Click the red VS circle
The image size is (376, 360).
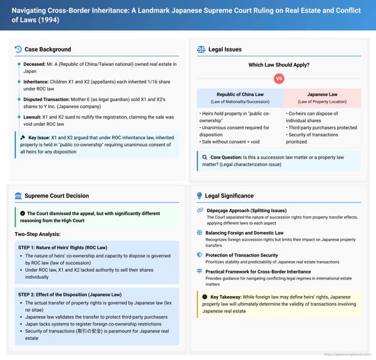(279, 79)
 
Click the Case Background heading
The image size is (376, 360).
(47, 49)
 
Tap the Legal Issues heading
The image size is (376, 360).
(225, 49)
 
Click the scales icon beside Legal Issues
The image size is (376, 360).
(201, 49)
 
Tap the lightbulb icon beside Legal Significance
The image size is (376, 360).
(200, 196)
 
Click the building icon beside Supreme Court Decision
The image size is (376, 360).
(19, 196)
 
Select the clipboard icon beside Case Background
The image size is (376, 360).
(19, 49)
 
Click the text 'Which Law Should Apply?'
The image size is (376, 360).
(279, 65)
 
